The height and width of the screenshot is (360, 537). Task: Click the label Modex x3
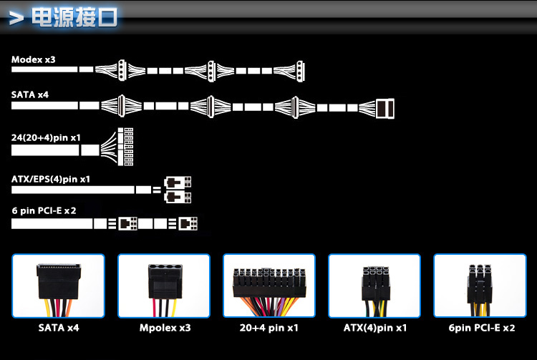pyautogui.click(x=33, y=59)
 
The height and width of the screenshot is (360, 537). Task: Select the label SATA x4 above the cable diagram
pyautogui.click(x=30, y=94)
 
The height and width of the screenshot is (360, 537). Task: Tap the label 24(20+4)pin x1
pyautogui.click(x=46, y=136)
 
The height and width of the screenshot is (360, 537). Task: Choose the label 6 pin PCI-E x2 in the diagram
pyautogui.click(x=44, y=211)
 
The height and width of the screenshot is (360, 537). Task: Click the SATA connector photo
pyautogui.click(x=58, y=286)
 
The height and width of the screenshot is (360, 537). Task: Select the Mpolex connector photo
pyautogui.click(x=163, y=286)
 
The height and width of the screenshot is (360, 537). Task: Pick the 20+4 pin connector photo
pyautogui.click(x=269, y=286)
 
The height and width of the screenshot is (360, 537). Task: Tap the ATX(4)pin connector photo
pyautogui.click(x=374, y=286)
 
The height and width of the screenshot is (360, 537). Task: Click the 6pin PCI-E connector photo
pyautogui.click(x=480, y=286)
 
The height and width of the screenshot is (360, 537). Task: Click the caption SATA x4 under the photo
pyautogui.click(x=58, y=329)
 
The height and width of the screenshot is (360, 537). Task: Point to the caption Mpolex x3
pyautogui.click(x=165, y=329)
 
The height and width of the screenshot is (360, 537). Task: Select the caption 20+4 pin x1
pyautogui.click(x=269, y=329)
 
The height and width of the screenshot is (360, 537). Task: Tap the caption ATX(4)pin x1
pyautogui.click(x=375, y=329)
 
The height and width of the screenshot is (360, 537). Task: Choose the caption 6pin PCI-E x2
pyautogui.click(x=480, y=329)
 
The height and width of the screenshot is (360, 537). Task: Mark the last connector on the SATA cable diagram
pyautogui.click(x=385, y=107)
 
